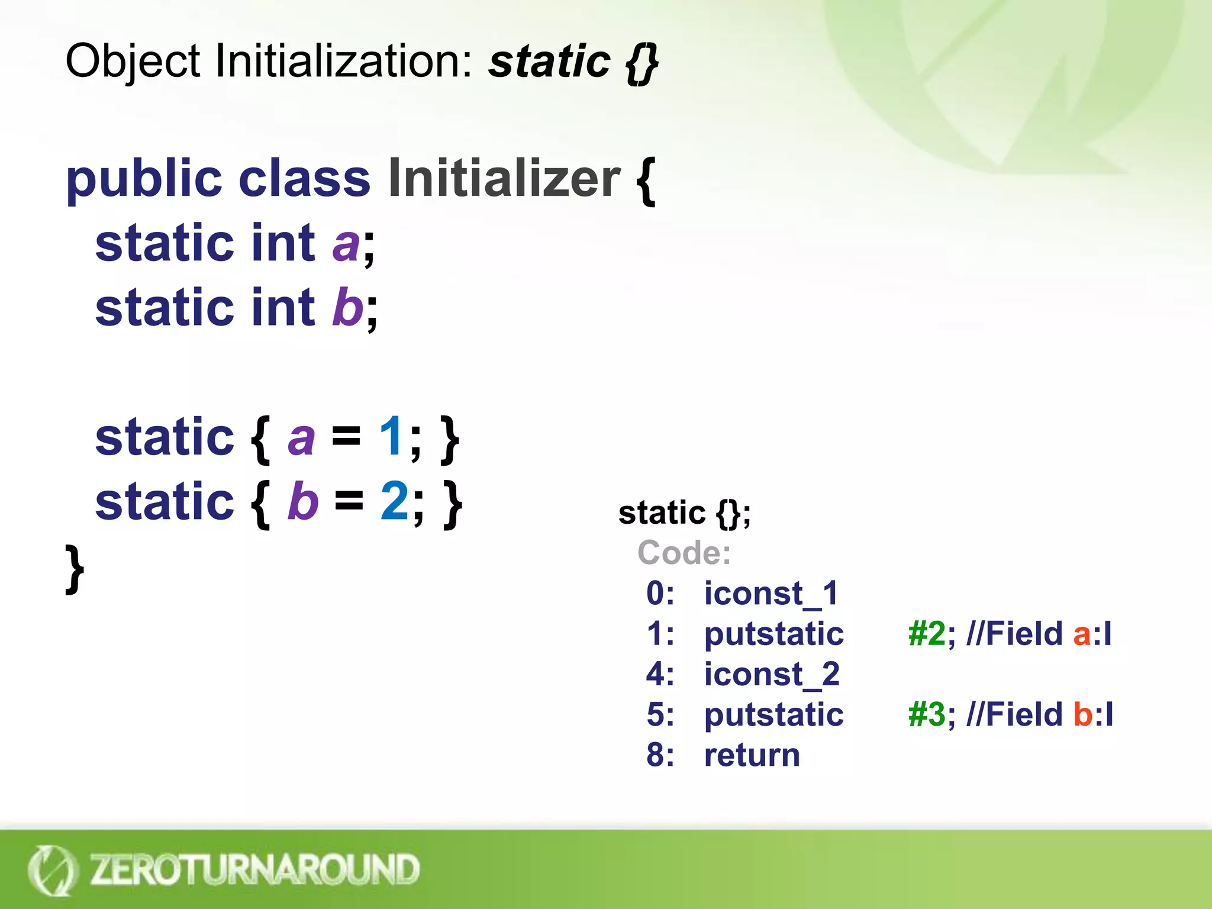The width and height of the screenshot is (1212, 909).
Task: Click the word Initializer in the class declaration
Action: pyautogui.click(x=504, y=179)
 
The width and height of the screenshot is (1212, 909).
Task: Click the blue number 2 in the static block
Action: pyautogui.click(x=394, y=501)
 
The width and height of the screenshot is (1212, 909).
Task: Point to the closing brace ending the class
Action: pyautogui.click(x=74, y=569)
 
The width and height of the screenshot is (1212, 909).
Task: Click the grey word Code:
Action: pyautogui.click(x=684, y=553)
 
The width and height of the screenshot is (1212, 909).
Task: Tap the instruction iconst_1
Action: pyautogui.click(x=771, y=593)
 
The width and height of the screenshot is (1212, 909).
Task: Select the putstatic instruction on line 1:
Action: pyautogui.click(x=773, y=634)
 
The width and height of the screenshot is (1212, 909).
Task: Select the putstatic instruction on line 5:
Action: pyautogui.click(x=773, y=714)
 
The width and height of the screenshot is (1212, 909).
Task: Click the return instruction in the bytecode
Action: pyautogui.click(x=752, y=755)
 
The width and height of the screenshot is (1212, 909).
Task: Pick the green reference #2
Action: pyautogui.click(x=927, y=634)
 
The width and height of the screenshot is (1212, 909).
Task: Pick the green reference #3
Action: pyautogui.click(x=927, y=714)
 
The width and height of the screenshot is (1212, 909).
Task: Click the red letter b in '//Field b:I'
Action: pyautogui.click(x=1083, y=714)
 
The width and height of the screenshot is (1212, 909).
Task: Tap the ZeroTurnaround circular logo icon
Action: pyautogui.click(x=52, y=870)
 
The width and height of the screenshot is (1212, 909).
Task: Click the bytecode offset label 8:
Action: pyautogui.click(x=660, y=755)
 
